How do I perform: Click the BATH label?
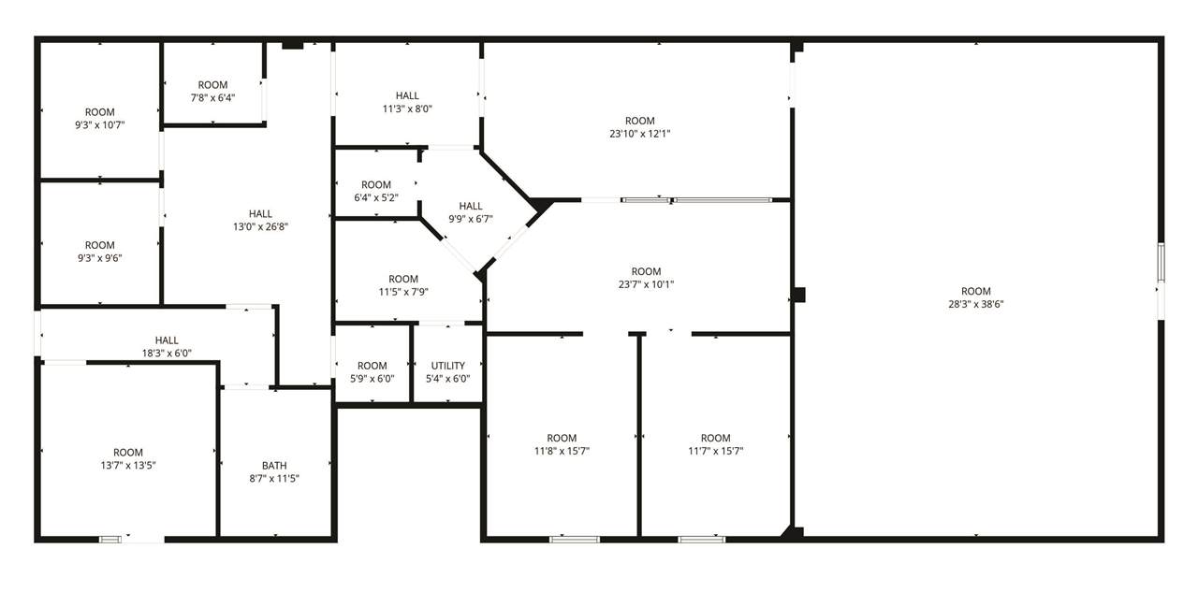274,466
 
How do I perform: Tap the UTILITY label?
447,366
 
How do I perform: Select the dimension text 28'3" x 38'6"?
976,304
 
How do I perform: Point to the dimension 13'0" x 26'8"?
260,226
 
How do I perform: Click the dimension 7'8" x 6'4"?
212,98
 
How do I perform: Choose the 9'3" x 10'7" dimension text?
100,125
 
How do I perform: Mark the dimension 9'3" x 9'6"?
100,258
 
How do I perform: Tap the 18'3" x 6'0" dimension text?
167,354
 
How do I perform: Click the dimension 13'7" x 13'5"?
128,466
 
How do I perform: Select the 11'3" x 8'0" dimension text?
407,109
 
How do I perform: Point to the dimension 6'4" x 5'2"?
376,197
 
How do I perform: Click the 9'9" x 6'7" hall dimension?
471,219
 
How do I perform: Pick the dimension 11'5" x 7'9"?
403,292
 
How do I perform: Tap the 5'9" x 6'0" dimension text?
373,378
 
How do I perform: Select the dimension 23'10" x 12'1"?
640,134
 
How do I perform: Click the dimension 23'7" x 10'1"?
646,284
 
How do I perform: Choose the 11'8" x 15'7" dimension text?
562,451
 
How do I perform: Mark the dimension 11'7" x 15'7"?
716,451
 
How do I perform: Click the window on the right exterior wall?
1161,262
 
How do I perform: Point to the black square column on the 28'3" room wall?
798,295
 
